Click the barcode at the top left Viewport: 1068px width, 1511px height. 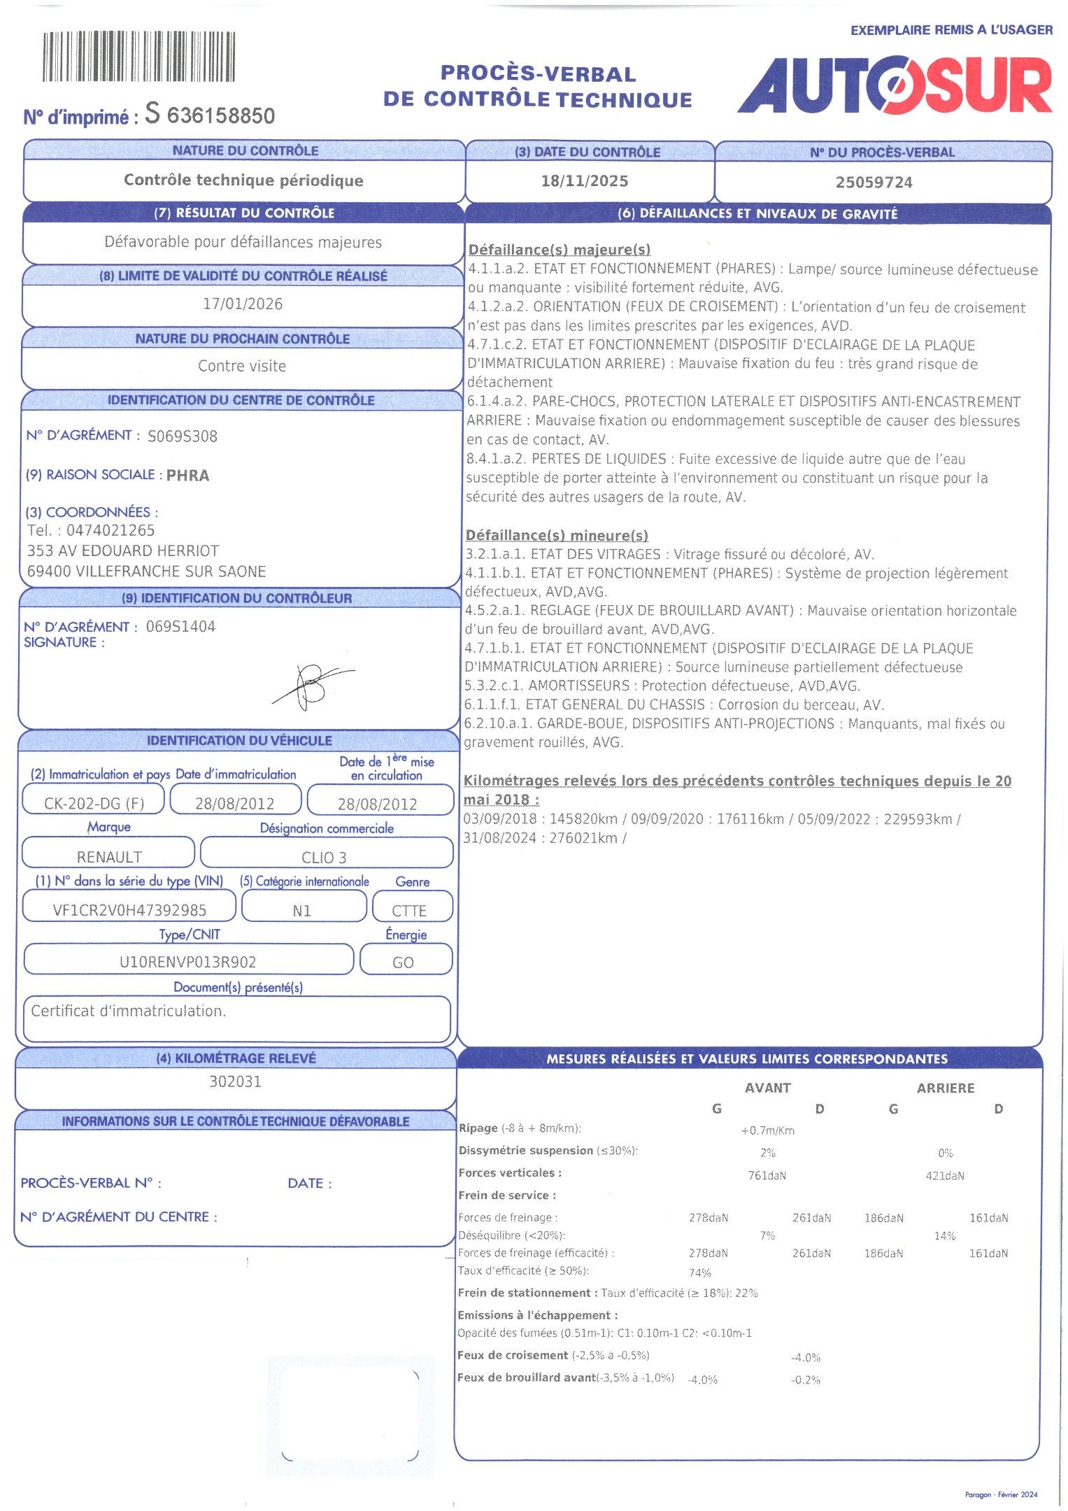pyautogui.click(x=138, y=57)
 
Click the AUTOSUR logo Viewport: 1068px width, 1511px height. pyautogui.click(x=895, y=86)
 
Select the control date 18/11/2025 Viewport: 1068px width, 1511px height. pyautogui.click(x=585, y=181)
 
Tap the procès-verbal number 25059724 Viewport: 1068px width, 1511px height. pyautogui.click(x=874, y=183)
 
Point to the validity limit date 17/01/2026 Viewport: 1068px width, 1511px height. pyautogui.click(x=243, y=304)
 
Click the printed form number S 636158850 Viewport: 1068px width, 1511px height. pyautogui.click(x=210, y=115)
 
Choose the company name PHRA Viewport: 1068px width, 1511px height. pyautogui.click(x=187, y=476)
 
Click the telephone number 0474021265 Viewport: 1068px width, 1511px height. pyautogui.click(x=111, y=530)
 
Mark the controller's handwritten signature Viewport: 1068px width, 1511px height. pyautogui.click(x=312, y=685)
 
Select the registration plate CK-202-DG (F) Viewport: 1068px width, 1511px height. pyautogui.click(x=94, y=803)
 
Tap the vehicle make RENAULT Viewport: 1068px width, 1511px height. pyautogui.click(x=109, y=857)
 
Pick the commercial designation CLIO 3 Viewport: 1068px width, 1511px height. pyautogui.click(x=324, y=858)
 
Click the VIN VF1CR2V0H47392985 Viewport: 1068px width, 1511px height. pyautogui.click(x=129, y=910)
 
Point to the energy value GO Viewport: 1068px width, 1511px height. pyautogui.click(x=403, y=963)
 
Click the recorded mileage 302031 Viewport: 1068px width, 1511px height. pyautogui.click(x=235, y=1081)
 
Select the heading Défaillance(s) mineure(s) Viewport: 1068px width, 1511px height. pyautogui.click(x=557, y=536)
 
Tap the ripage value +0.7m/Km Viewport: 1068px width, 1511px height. pyautogui.click(x=767, y=1130)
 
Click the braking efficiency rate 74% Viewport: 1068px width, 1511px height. pyautogui.click(x=699, y=1273)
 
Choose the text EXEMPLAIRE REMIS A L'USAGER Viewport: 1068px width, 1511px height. pyautogui.click(x=951, y=30)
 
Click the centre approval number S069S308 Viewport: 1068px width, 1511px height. pyautogui.click(x=183, y=437)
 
